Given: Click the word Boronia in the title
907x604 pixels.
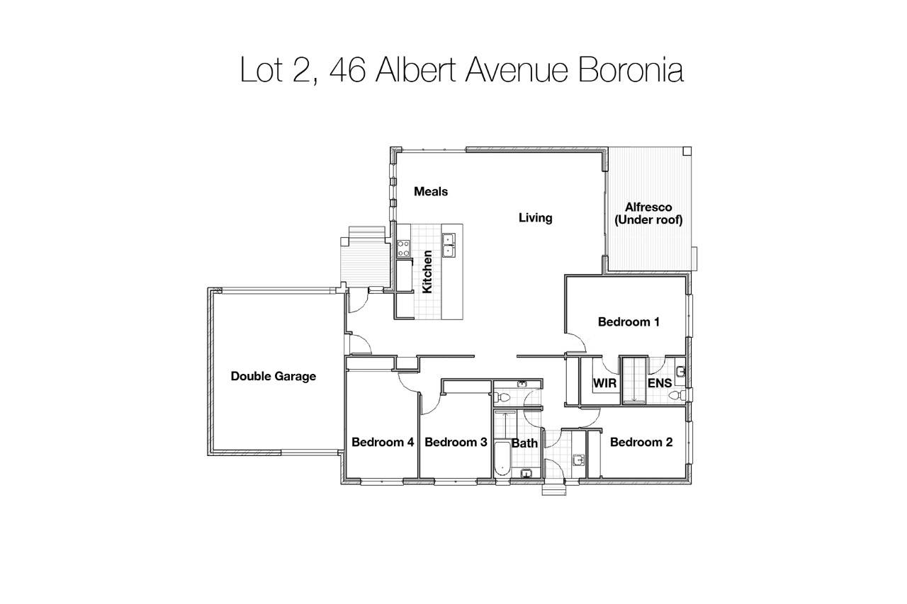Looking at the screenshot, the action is (x=631, y=69).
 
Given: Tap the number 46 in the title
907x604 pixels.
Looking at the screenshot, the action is (x=348, y=69).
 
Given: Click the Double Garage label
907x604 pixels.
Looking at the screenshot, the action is (x=274, y=376).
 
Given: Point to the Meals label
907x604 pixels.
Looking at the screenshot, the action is (x=431, y=191).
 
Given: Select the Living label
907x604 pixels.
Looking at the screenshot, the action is (x=535, y=218).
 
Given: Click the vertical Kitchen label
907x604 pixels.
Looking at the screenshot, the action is (x=427, y=271).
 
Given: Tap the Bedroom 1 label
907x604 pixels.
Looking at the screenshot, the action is (x=629, y=322).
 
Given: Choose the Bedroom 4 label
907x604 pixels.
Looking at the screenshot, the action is (x=383, y=442).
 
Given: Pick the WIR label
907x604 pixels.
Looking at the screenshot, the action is (x=604, y=383).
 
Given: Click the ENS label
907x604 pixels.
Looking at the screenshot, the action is (x=660, y=383).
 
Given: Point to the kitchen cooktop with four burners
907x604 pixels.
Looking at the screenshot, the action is (x=403, y=249).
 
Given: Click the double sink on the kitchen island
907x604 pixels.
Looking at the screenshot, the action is (x=449, y=245).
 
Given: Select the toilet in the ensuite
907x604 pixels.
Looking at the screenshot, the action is (x=677, y=395).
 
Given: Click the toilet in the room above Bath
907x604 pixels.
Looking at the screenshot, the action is (x=502, y=397).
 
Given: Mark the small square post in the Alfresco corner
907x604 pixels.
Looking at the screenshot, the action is (x=687, y=152).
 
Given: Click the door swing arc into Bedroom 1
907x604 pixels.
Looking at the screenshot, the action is (x=579, y=339).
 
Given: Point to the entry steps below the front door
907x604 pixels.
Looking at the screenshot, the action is (x=554, y=490).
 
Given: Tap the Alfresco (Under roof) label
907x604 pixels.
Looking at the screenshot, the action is (x=648, y=214).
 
